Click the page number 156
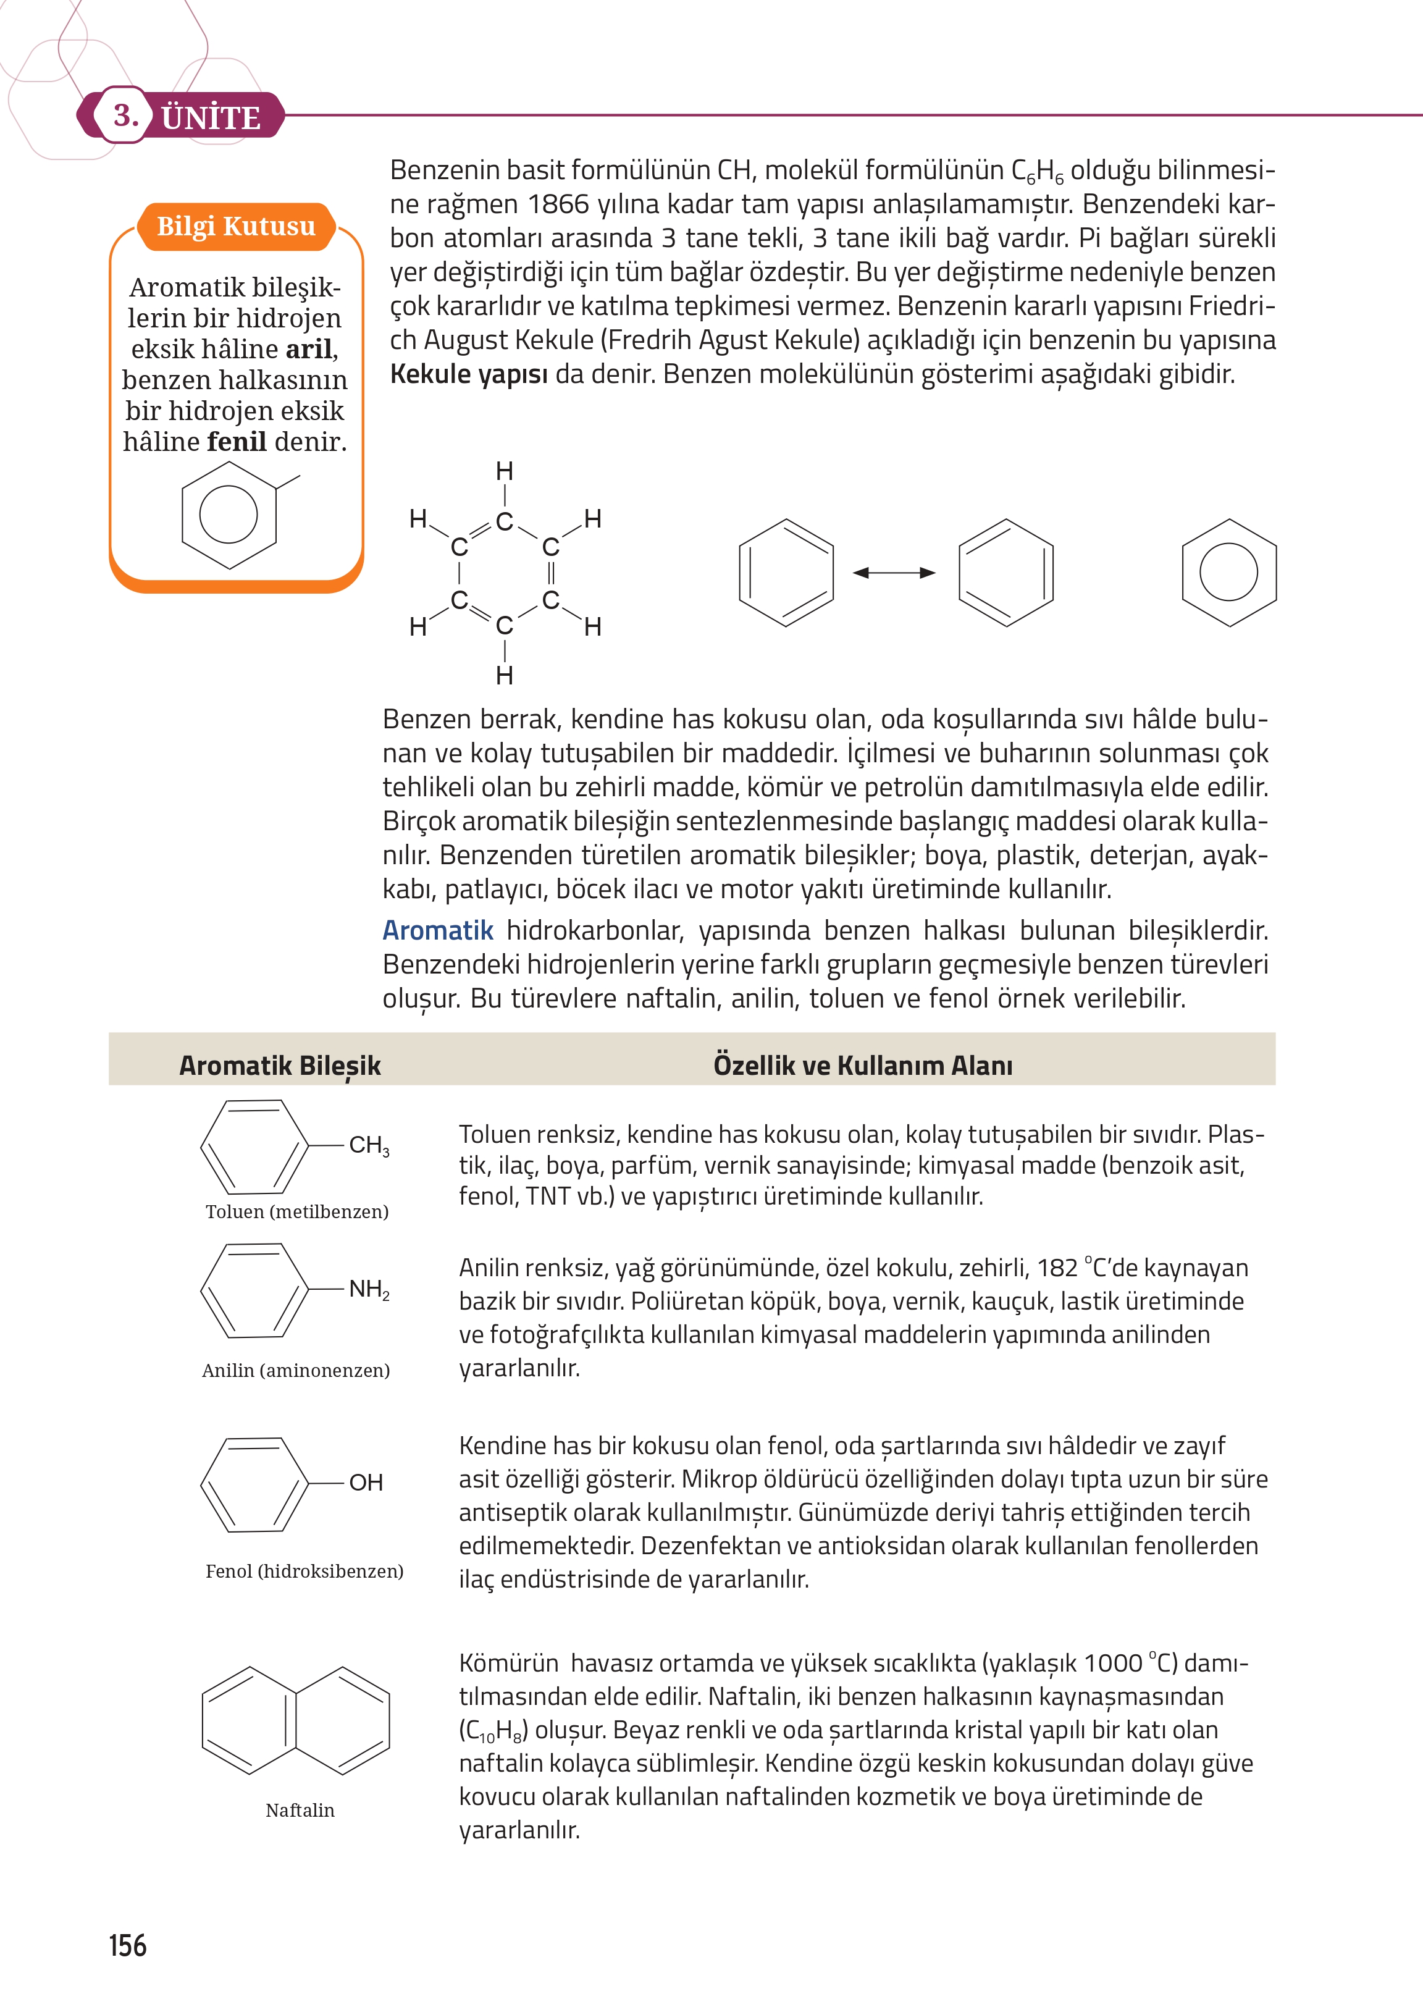(128, 1945)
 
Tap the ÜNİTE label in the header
(211, 117)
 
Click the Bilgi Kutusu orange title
(236, 226)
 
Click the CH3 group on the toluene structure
(369, 1145)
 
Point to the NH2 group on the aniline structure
(369, 1289)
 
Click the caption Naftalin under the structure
(300, 1810)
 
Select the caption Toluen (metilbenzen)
(297, 1211)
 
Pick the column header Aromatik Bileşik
(280, 1065)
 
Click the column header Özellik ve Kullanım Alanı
(862, 1065)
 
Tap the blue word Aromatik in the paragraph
(438, 930)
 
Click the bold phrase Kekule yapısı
(468, 374)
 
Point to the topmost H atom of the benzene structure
(504, 471)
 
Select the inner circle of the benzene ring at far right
(1228, 572)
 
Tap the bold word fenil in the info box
(237, 442)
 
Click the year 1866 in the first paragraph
(558, 204)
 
